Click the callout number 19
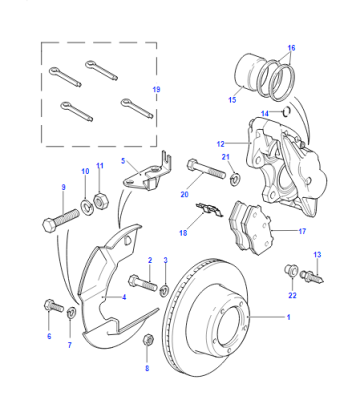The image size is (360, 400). (156, 89)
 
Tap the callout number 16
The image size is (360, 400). (291, 48)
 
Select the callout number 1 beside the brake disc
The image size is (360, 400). (289, 317)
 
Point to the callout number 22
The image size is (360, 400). (292, 295)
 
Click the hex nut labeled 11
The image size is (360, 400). (99, 201)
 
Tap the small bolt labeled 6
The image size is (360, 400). (53, 306)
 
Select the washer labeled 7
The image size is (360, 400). (72, 312)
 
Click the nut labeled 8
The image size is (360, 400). (148, 340)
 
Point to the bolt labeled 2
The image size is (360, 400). (143, 283)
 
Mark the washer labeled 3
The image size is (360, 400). (164, 290)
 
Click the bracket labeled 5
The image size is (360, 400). (147, 173)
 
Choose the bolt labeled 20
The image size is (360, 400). (207, 169)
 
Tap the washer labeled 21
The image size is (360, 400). (236, 178)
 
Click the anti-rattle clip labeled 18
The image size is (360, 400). (209, 210)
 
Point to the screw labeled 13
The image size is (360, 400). (312, 277)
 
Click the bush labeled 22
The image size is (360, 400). (290, 270)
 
